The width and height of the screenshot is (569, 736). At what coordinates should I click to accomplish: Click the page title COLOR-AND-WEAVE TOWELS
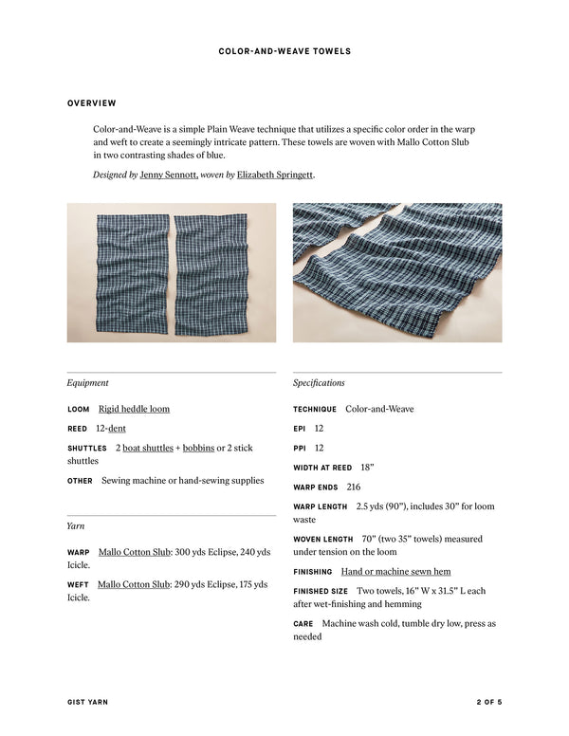284,50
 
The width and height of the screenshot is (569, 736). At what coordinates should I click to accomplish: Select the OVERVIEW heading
92,102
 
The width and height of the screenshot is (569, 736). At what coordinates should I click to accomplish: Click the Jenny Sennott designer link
169,175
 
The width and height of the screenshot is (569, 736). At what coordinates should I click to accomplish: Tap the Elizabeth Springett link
275,175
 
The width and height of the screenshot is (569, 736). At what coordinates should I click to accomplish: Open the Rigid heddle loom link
134,409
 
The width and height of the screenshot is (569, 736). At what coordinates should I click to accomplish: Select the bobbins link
198,448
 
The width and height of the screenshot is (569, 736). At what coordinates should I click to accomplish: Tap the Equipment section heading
87,383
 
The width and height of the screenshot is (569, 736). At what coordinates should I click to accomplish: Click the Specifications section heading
319,383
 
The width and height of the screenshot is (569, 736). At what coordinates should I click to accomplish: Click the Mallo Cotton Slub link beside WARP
135,552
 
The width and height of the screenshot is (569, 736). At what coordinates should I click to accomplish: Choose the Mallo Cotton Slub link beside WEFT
133,584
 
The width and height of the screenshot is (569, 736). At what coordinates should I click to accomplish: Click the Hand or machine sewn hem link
395,572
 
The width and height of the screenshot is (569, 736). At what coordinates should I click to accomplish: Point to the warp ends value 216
354,487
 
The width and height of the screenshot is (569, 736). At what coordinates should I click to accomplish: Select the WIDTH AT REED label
322,468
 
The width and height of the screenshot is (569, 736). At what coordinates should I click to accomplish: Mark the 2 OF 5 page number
488,702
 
